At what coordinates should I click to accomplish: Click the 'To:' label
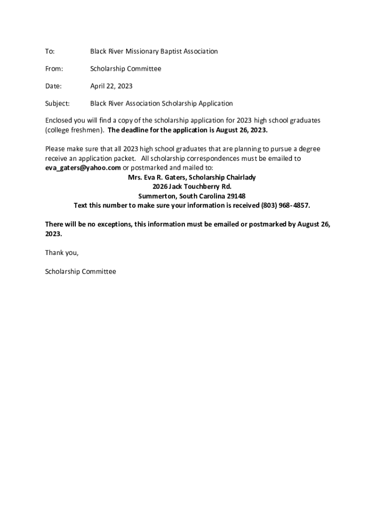50,51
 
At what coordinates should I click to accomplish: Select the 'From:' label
54,69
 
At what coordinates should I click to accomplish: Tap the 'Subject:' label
57,104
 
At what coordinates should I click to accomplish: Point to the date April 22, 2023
111,86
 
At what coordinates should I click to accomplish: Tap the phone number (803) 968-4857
282,205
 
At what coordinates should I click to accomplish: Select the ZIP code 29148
236,196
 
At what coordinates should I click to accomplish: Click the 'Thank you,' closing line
62,253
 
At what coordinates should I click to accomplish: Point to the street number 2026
161,187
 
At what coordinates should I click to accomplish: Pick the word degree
309,149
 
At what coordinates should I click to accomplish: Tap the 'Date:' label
53,86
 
